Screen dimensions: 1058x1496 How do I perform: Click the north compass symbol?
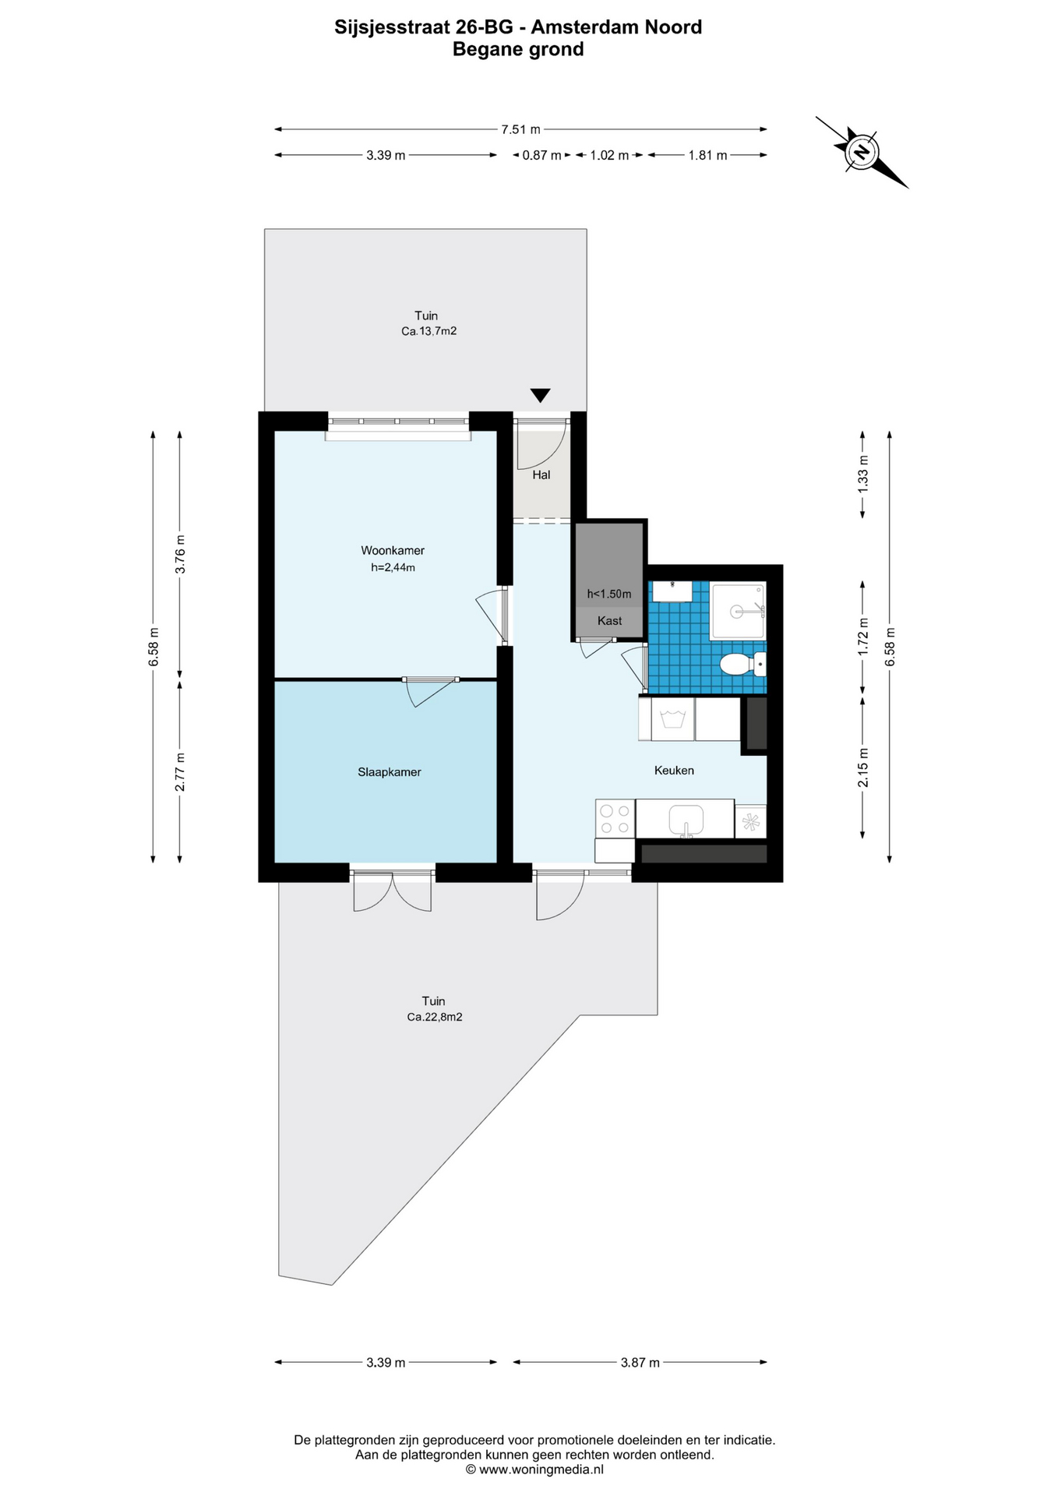pyautogui.click(x=862, y=152)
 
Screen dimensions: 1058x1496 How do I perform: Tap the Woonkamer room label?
pyautogui.click(x=393, y=550)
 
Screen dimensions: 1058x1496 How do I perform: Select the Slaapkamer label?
pyautogui.click(x=390, y=772)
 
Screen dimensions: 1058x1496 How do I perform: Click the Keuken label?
pyautogui.click(x=674, y=770)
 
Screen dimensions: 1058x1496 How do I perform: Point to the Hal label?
pyautogui.click(x=541, y=475)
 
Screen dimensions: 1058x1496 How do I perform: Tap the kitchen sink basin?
pyautogui.click(x=686, y=820)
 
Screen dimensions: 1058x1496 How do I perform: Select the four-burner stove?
pyautogui.click(x=615, y=818)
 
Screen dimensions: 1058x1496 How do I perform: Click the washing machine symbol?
pyautogui.click(x=672, y=718)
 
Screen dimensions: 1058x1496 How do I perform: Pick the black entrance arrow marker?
pyautogui.click(x=540, y=395)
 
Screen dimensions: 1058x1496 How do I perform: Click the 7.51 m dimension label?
pyautogui.click(x=520, y=129)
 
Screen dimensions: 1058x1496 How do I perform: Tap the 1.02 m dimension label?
pyautogui.click(x=609, y=155)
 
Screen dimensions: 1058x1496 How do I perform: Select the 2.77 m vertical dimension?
pyautogui.click(x=180, y=772)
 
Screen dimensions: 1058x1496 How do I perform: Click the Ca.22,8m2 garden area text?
pyautogui.click(x=435, y=1017)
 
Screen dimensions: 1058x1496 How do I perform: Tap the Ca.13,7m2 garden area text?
pyautogui.click(x=428, y=331)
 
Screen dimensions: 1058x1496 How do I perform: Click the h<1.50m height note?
pyautogui.click(x=609, y=594)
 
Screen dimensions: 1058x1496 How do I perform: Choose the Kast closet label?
pyautogui.click(x=610, y=620)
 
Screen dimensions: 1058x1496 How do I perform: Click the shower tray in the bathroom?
pyautogui.click(x=738, y=611)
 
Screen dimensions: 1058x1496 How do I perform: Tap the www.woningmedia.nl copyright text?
pyautogui.click(x=534, y=1470)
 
